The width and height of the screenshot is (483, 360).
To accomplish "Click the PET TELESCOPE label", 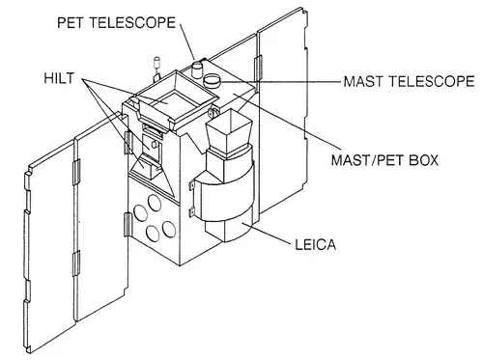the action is pos(117,23).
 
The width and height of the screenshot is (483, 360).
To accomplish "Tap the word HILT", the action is pos(59,78).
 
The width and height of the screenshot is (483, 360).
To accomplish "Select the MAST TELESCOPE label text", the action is pos(409,81).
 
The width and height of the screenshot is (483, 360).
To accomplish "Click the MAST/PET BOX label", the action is pos(385,160).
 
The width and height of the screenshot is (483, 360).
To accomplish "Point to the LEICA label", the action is pos(316,245).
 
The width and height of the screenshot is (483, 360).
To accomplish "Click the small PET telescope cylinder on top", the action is pos(196,69).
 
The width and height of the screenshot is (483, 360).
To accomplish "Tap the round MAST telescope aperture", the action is pos(213,80).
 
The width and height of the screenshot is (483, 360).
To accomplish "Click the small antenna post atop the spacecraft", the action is pos(157,69).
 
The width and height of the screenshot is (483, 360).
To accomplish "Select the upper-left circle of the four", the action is pos(140,212).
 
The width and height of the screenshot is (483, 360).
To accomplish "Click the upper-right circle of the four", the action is pos(155,203).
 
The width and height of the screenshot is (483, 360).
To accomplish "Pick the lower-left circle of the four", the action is pos(153,233).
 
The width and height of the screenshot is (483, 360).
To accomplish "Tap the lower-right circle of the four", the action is pos(169,229).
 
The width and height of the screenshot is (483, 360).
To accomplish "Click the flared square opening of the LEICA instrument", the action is pos(229,131).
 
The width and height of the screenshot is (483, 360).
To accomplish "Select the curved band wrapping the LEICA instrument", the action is pos(225,195).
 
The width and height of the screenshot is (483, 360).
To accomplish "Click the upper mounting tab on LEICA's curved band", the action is pos(191,185).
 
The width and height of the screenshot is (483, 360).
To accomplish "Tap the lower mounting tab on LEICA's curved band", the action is pos(192,212).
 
